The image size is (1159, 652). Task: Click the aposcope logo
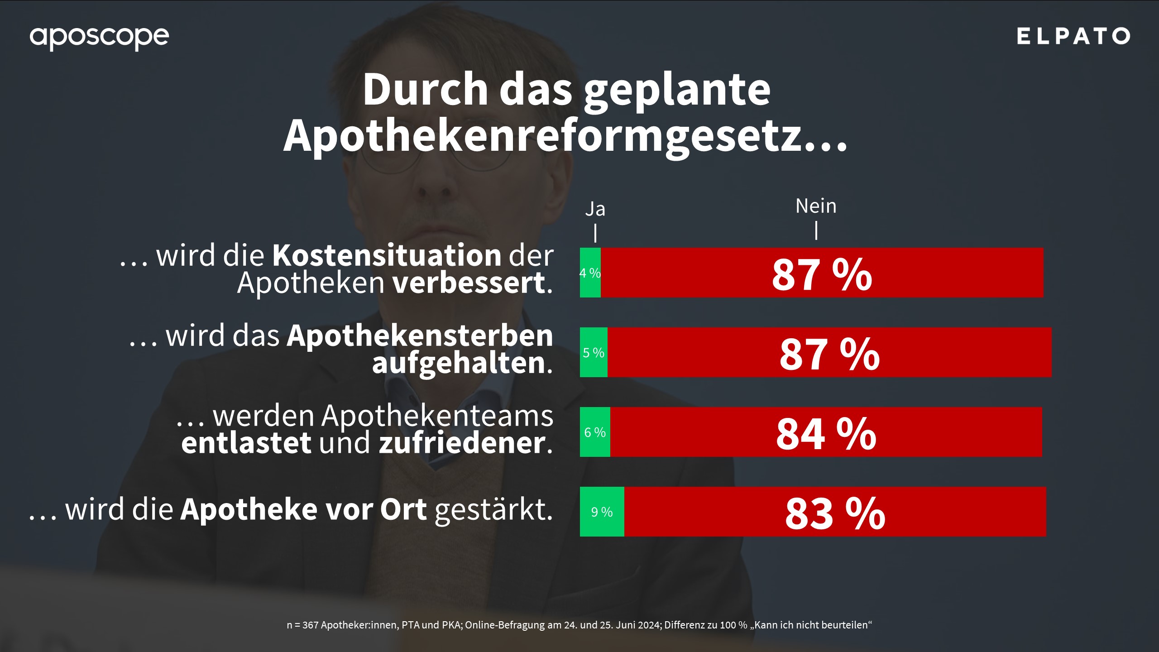pyautogui.click(x=99, y=37)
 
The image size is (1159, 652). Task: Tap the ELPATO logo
pyautogui.click(x=1073, y=36)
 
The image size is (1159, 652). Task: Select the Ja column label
pyautogui.click(x=595, y=209)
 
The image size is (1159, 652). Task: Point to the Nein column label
pyautogui.click(x=816, y=206)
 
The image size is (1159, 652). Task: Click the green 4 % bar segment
pyautogui.click(x=590, y=273)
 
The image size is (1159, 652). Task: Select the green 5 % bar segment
pyautogui.click(x=594, y=352)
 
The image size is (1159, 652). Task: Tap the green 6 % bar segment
pyautogui.click(x=595, y=432)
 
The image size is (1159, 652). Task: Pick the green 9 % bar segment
pyautogui.click(x=602, y=512)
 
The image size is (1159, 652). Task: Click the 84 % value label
pyautogui.click(x=826, y=434)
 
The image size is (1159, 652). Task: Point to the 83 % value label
pyautogui.click(x=835, y=513)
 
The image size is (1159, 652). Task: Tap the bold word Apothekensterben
pyautogui.click(x=420, y=336)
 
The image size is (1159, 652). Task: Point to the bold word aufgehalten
pyautogui.click(x=458, y=363)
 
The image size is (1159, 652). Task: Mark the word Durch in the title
pyautogui.click(x=425, y=89)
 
